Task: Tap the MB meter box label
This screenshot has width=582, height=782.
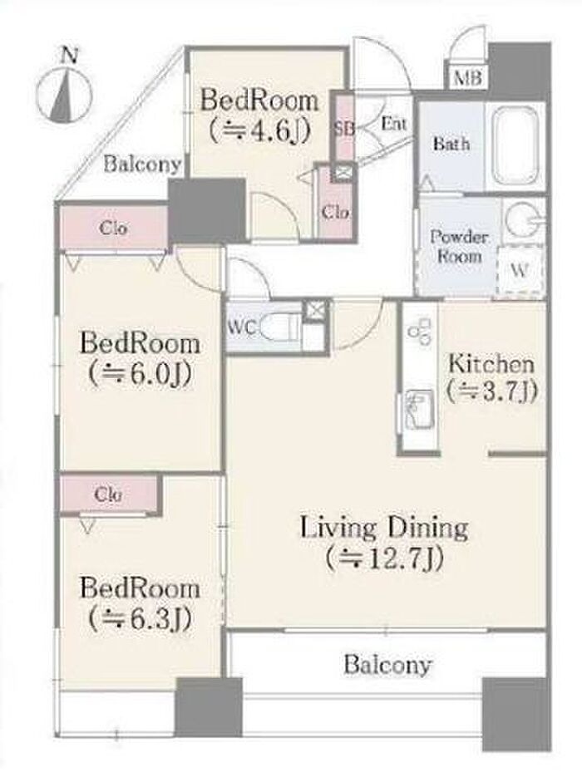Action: [x=469, y=77]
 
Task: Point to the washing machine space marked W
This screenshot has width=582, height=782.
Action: [x=520, y=270]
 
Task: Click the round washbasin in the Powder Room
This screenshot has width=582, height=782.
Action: [x=522, y=219]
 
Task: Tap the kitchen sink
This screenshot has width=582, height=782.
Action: [x=419, y=410]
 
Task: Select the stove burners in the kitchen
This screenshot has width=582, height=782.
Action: [x=419, y=331]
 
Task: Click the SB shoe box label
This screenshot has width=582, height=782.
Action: [x=344, y=128]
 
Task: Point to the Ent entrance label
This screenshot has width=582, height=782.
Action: [x=394, y=123]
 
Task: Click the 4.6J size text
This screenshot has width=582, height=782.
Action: [x=260, y=131]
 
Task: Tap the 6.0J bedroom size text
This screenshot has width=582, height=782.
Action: [x=141, y=375]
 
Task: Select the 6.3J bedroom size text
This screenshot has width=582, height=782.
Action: [x=141, y=619]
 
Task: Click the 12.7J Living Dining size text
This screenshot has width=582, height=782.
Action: [x=384, y=558]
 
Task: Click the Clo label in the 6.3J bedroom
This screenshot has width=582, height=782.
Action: [x=108, y=494]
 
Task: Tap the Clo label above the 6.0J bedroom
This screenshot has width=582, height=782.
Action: [x=113, y=228]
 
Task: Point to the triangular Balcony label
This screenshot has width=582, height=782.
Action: [x=142, y=164]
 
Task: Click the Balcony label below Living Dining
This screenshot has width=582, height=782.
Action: [x=387, y=666]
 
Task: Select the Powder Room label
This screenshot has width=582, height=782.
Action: [x=459, y=246]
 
